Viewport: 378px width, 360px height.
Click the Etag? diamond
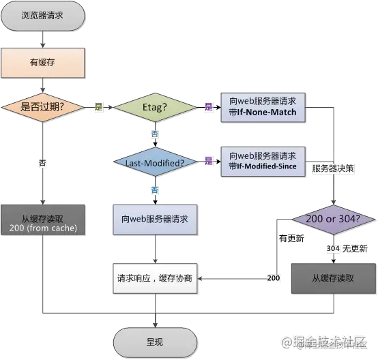(154, 107)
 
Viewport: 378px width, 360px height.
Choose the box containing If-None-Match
(263, 107)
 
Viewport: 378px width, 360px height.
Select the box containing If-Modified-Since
(263, 161)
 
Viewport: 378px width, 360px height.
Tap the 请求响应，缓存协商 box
(154, 278)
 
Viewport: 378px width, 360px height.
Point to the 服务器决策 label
(332, 168)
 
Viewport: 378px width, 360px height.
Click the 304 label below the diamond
(332, 249)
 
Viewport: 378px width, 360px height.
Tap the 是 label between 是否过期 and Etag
(98, 107)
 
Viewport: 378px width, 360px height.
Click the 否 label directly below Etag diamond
(155, 134)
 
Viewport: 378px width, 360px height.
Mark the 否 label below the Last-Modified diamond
(155, 189)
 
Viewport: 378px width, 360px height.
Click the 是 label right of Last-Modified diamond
(208, 162)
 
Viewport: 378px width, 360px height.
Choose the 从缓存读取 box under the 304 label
(332, 278)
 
